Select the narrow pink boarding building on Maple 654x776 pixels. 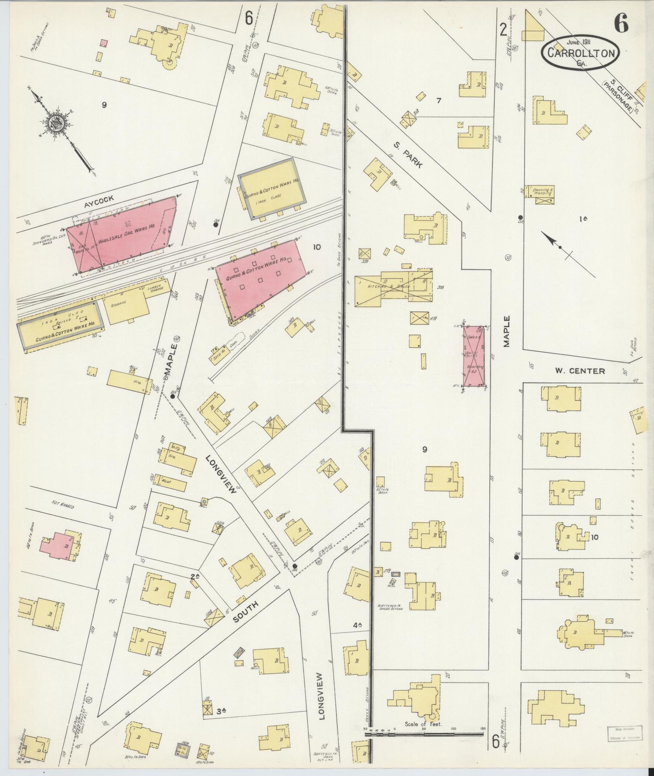tap(474, 356)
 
